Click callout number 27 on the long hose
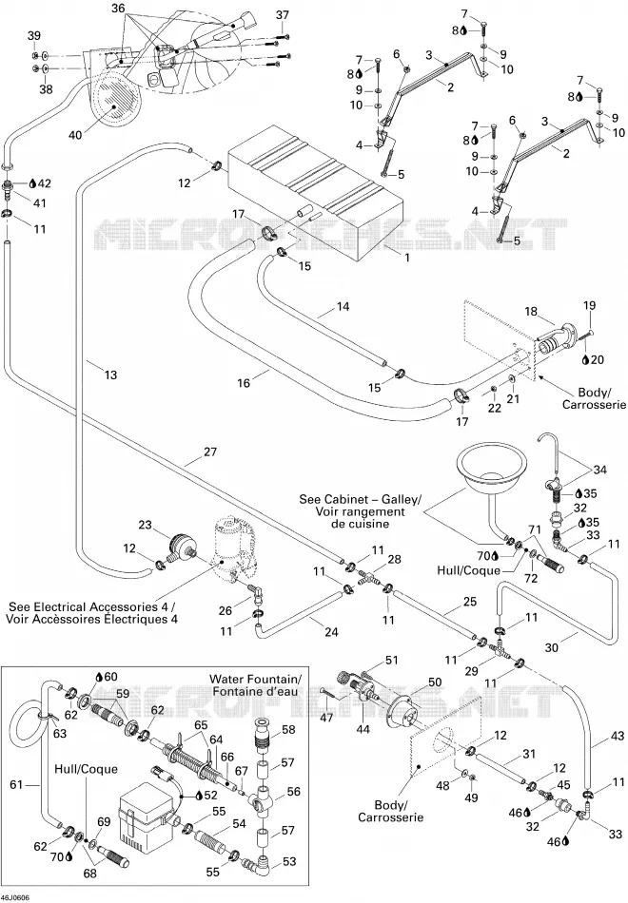click(x=210, y=451)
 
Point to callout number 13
click(x=110, y=375)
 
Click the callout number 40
click(x=75, y=135)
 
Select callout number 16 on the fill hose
click(x=244, y=382)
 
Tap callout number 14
click(x=343, y=306)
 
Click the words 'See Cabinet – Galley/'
click(x=361, y=499)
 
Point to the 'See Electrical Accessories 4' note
click(x=91, y=606)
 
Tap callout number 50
click(x=435, y=682)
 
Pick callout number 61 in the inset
click(x=18, y=784)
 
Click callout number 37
click(x=282, y=15)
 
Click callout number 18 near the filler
click(x=531, y=312)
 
